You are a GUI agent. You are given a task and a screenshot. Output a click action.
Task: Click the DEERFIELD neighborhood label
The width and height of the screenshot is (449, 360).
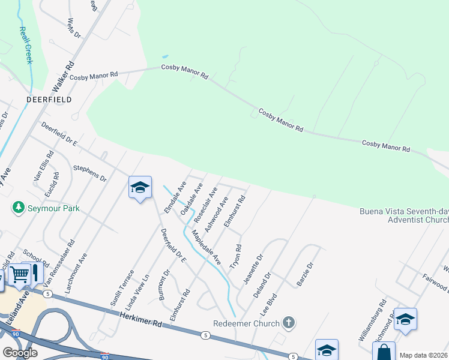[49, 99]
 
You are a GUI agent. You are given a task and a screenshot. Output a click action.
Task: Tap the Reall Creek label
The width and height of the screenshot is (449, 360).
[25, 45]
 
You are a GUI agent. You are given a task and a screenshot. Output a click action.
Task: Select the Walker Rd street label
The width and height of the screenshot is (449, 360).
[64, 75]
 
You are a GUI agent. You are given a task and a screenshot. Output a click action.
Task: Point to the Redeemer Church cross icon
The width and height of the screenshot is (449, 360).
[289, 323]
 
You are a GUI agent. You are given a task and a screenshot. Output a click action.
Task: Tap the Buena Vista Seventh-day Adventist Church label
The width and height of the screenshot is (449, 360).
[403, 215]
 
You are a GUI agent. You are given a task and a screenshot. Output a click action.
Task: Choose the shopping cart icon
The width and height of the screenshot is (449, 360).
[20, 275]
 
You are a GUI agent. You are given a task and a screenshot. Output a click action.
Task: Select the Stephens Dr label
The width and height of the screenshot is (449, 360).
[89, 174]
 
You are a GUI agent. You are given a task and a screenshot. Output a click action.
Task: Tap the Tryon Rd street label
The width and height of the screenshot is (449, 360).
[238, 257]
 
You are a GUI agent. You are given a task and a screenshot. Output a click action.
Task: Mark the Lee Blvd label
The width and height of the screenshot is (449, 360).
[268, 305]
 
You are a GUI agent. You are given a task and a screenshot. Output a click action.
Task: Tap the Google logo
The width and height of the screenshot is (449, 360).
[20, 353]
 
